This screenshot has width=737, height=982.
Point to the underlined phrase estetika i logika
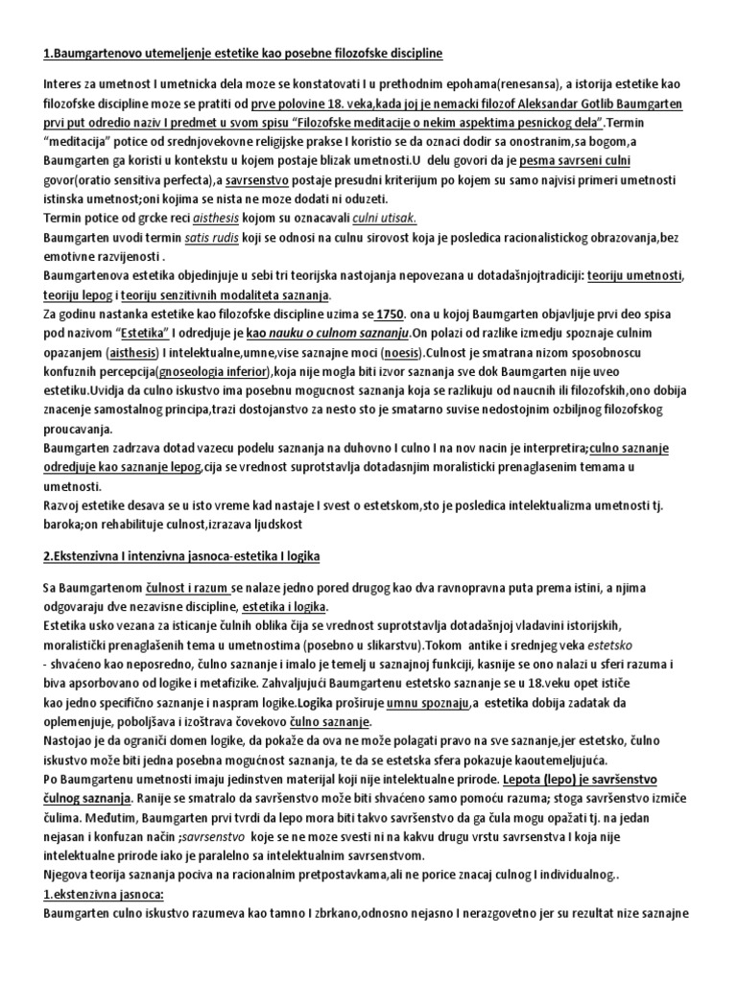pyautogui.click(x=285, y=607)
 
